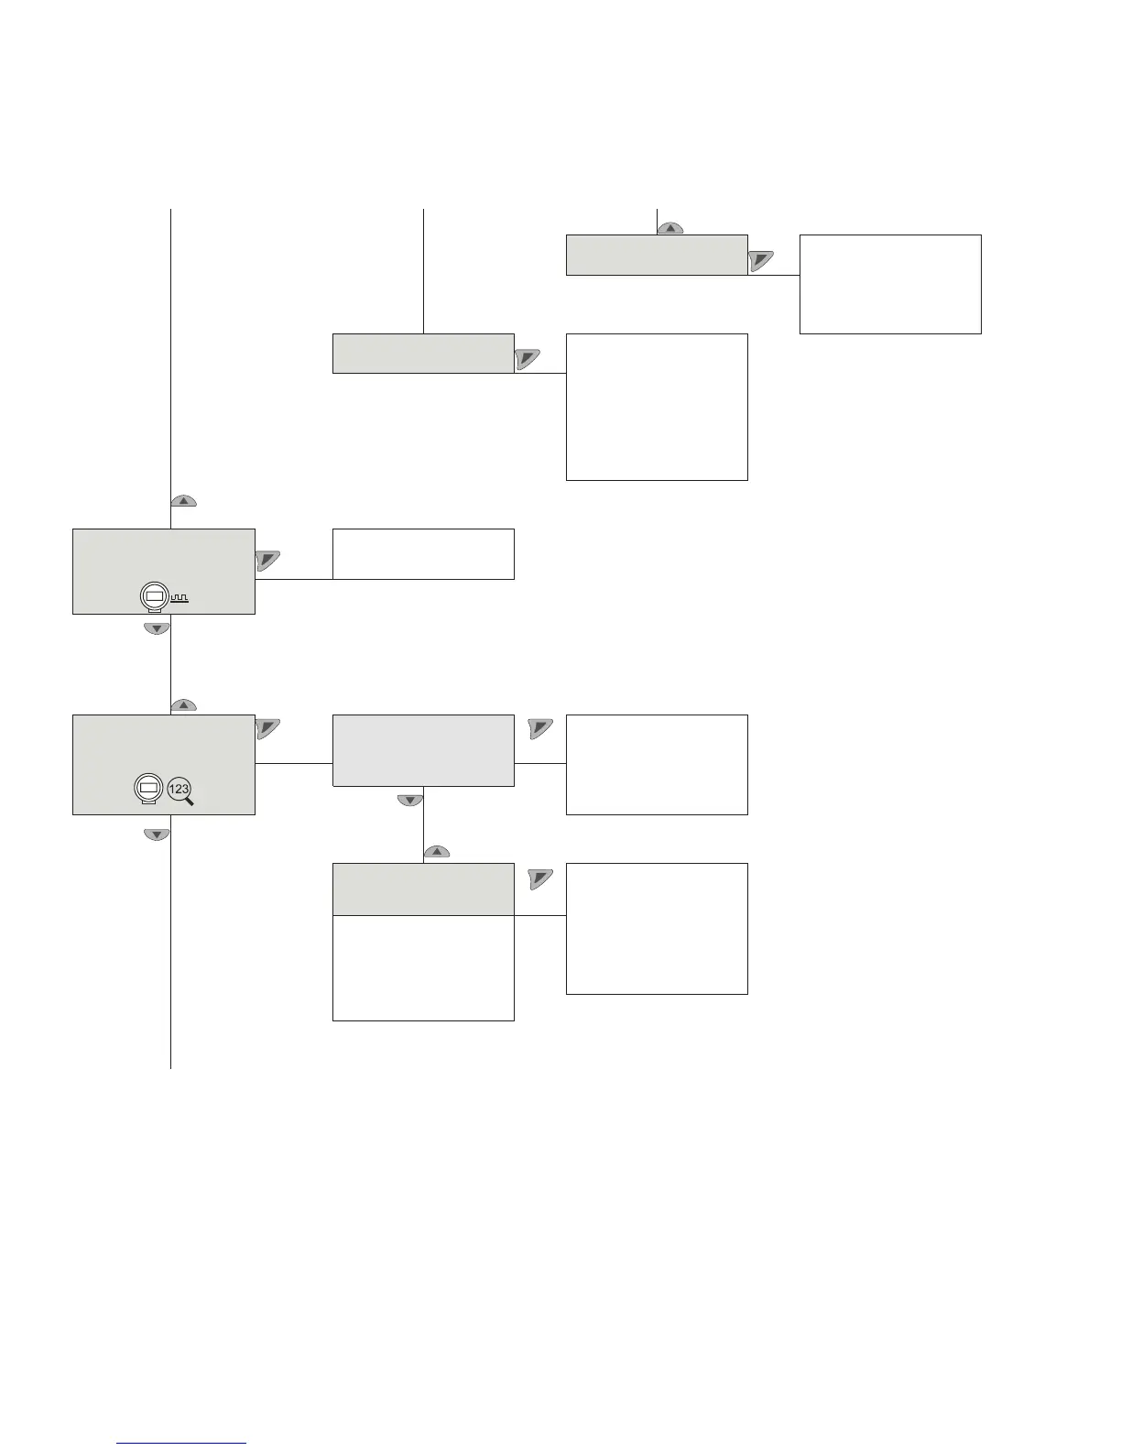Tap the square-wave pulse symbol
coord(180,598)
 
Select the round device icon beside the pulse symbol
coord(154,597)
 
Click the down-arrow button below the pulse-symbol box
coord(158,628)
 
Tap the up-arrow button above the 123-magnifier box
coord(183,705)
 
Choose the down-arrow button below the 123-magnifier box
coord(158,835)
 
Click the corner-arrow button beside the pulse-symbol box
coord(267,561)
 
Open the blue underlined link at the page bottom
coord(182,1443)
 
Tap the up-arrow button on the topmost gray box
coord(671,228)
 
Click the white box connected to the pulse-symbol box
coord(423,553)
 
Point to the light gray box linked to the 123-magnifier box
coord(423,750)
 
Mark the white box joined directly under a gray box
coord(423,968)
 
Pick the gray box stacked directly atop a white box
coord(423,889)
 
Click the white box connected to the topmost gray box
coord(890,284)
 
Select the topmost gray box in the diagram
coord(657,256)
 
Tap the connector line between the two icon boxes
coord(171,665)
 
